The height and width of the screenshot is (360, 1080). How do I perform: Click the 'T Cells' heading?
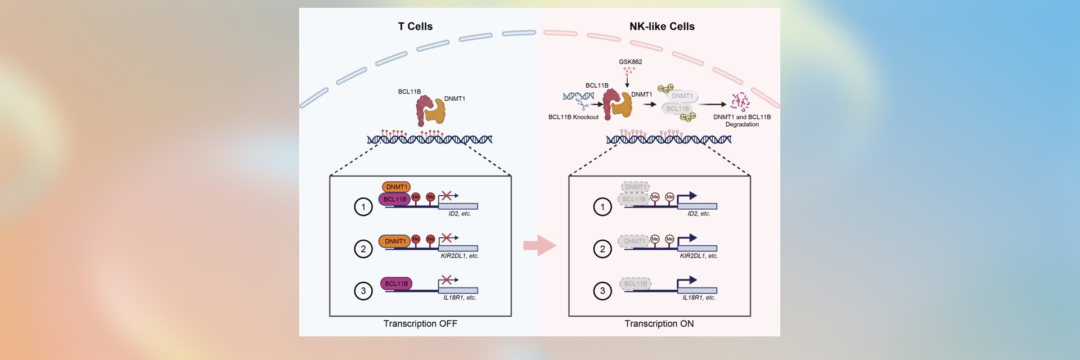click(415, 26)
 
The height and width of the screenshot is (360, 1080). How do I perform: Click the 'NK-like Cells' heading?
click(661, 26)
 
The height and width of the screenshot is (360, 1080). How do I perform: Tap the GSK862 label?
click(630, 62)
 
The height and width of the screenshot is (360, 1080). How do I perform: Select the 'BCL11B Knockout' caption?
click(573, 117)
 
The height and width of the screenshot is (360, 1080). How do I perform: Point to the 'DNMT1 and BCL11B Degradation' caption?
click(742, 120)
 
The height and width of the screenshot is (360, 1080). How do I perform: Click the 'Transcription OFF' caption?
click(420, 323)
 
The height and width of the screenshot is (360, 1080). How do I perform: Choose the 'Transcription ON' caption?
click(659, 323)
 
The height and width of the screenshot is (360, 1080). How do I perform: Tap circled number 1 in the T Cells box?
click(363, 207)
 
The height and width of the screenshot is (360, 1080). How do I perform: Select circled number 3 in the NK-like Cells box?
click(602, 291)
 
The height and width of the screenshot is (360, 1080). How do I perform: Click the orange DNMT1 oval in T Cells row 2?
click(394, 241)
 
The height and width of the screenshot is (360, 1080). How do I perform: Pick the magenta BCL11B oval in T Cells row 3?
click(396, 283)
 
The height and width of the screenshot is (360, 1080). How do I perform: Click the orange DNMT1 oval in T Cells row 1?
click(396, 187)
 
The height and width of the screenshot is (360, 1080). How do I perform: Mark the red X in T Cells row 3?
click(447, 280)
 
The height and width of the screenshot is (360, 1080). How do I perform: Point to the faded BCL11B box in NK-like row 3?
click(635, 283)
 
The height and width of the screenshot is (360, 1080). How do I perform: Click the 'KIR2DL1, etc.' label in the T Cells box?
click(460, 256)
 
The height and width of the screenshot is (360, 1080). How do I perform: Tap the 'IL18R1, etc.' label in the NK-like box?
click(699, 298)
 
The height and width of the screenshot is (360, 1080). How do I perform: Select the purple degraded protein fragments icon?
click(740, 102)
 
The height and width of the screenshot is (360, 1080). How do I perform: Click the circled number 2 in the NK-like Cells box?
click(602, 249)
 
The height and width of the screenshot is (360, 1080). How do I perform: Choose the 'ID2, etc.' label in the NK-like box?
click(699, 214)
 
